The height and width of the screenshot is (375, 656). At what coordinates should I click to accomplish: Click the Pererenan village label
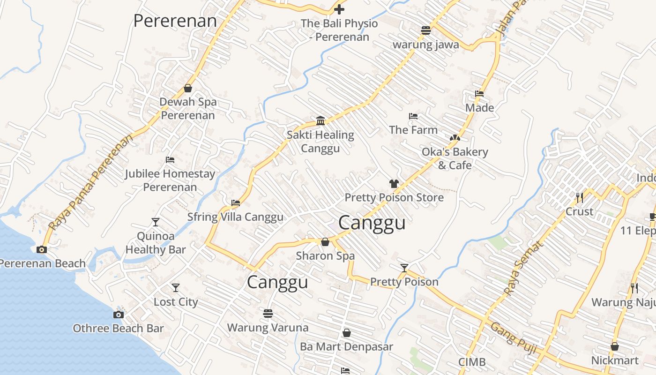175,21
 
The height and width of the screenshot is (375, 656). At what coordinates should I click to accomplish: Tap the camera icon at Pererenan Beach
42,249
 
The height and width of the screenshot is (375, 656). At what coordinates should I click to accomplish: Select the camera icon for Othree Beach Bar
119,315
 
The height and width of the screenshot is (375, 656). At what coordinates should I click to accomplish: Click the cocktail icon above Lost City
176,287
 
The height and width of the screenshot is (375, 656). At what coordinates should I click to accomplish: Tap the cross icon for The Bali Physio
339,9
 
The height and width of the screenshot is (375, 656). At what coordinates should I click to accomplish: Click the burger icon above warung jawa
425,30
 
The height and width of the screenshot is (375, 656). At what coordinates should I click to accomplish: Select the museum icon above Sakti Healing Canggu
321,121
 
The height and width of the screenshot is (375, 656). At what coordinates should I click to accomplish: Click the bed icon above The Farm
413,116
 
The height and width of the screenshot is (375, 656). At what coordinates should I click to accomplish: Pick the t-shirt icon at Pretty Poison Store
394,184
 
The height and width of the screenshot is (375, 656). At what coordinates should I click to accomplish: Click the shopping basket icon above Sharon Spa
325,242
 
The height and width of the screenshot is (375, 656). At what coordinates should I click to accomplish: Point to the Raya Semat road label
523,269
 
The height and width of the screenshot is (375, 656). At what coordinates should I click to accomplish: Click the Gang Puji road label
513,338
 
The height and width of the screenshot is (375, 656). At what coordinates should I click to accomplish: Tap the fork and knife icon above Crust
580,197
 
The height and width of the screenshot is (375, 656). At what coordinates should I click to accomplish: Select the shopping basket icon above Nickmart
615,346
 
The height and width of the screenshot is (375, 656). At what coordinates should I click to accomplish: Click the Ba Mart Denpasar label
347,347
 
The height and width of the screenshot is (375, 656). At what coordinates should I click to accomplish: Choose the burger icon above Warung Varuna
268,313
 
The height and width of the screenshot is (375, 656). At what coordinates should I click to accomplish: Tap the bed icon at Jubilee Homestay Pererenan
170,160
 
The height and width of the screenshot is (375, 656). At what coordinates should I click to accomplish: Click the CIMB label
472,362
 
